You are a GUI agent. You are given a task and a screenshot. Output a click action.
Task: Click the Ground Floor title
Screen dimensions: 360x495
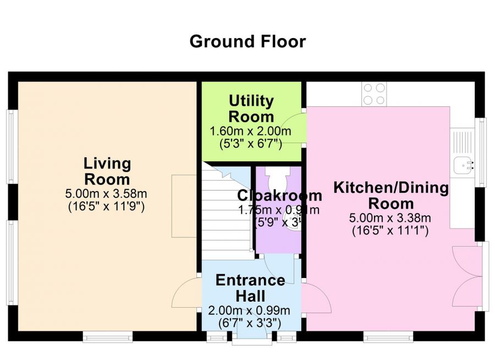point(248,41)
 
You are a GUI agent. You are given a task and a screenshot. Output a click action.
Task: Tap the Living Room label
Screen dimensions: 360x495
point(107,171)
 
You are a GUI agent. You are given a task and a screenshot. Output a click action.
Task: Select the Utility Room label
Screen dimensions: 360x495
point(251,108)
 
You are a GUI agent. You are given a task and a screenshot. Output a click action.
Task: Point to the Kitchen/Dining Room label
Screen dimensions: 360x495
point(391,195)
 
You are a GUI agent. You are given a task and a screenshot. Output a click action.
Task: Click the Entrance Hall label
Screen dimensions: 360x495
point(250,288)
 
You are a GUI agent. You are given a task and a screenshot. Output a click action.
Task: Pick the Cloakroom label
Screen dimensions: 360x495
point(279,195)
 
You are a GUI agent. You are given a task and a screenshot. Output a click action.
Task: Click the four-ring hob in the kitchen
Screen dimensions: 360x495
point(374,94)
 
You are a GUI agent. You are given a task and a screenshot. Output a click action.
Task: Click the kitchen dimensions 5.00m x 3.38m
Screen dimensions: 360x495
point(391,218)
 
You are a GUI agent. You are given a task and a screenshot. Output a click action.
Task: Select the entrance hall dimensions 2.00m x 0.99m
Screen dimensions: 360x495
point(250,310)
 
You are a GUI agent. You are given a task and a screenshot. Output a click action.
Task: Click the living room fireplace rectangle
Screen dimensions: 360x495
point(184,206)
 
